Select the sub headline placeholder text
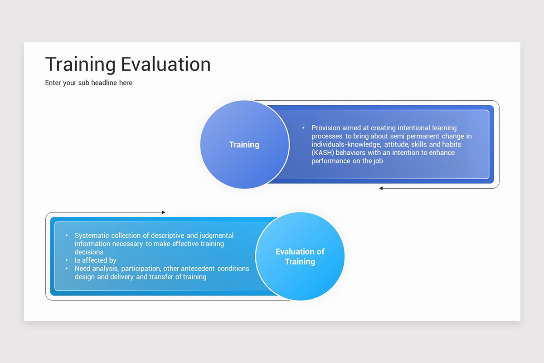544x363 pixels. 89,83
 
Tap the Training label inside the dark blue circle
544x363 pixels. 244,145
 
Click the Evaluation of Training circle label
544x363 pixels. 300,256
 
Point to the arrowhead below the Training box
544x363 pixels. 381,188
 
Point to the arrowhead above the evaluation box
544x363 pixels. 163,212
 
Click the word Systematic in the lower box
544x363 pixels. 92,235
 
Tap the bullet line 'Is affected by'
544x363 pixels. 96,260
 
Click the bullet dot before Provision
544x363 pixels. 303,128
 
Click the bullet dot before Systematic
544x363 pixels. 67,235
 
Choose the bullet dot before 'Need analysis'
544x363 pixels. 67,269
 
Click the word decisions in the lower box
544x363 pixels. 89,252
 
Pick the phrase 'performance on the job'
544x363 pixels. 347,161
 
